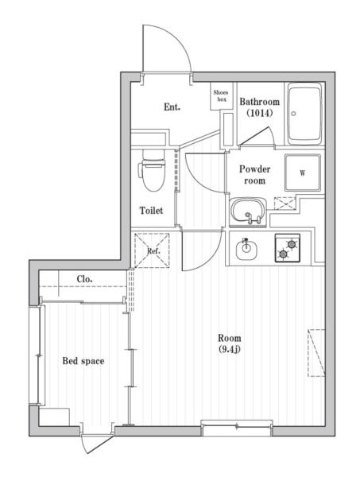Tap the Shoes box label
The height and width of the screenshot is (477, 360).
[221, 96]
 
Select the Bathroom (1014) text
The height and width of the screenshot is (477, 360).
[259, 107]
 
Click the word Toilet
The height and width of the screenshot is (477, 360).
[151, 211]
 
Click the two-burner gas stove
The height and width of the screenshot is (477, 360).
[288, 249]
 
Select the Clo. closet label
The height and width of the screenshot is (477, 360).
[84, 279]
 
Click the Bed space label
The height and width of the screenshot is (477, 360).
[83, 361]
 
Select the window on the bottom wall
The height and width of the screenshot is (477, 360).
[236, 428]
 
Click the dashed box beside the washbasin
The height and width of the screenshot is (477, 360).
[284, 204]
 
